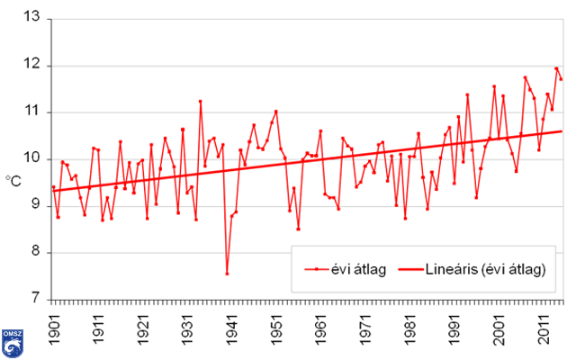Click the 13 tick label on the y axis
click(x=32, y=18)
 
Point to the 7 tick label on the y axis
click(x=36, y=299)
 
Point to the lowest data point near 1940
click(x=227, y=274)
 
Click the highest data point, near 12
click(x=556, y=68)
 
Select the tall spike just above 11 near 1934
click(x=200, y=101)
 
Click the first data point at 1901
click(x=53, y=187)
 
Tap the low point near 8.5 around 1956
click(x=298, y=229)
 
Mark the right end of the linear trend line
click(x=561, y=131)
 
